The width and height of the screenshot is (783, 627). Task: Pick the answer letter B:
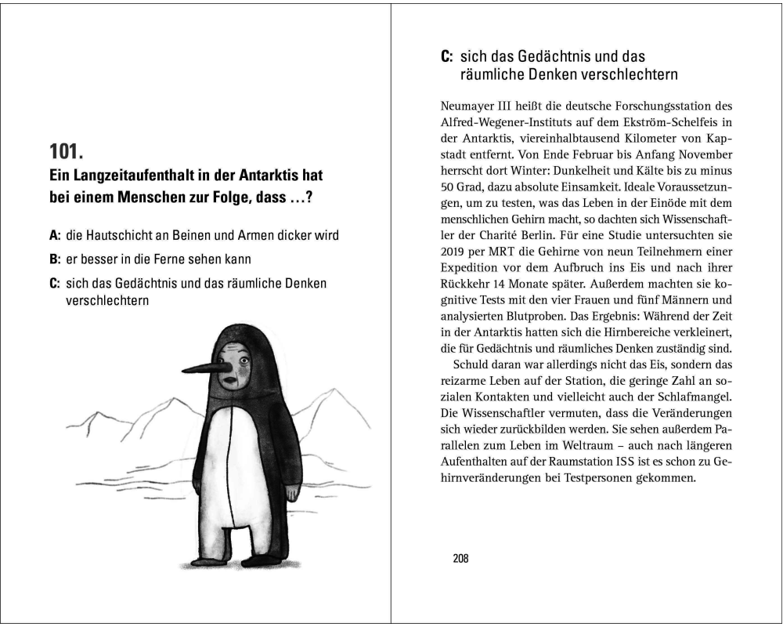coord(55,259)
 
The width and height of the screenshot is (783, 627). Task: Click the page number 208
coord(460,559)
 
